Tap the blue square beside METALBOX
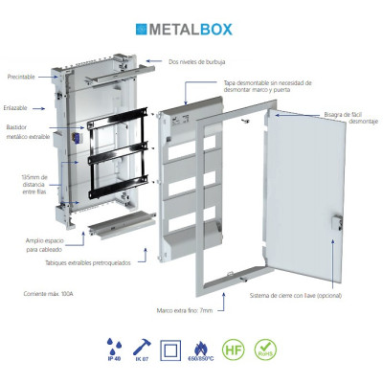pyautogui.click(x=143, y=30)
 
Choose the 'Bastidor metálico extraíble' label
pyautogui.click(x=22, y=133)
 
